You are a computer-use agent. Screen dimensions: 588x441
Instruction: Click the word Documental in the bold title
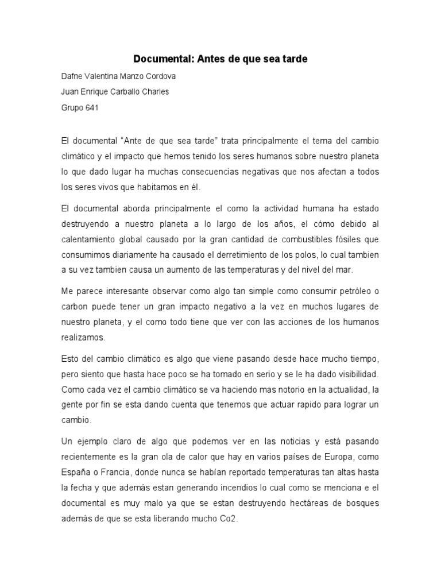pos(158,59)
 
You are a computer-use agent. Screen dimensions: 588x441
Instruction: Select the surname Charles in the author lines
pos(155,92)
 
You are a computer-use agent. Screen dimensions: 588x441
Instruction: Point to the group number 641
pos(91,107)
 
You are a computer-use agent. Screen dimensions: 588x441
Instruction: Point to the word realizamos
pos(83,337)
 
